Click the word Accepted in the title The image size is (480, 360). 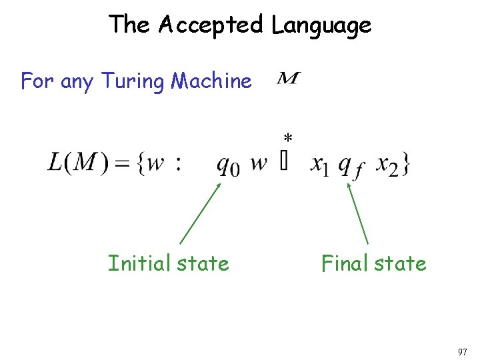[211, 25]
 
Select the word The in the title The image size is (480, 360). [130, 25]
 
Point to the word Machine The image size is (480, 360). [211, 81]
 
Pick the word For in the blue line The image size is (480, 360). [37, 81]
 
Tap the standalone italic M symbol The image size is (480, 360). [287, 80]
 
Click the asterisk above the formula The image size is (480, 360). [287, 139]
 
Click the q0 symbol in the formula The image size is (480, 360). [227, 164]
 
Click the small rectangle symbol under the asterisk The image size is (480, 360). [285, 163]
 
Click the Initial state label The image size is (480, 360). [168, 263]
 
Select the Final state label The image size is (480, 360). [373, 263]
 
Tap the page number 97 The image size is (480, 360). [463, 351]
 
